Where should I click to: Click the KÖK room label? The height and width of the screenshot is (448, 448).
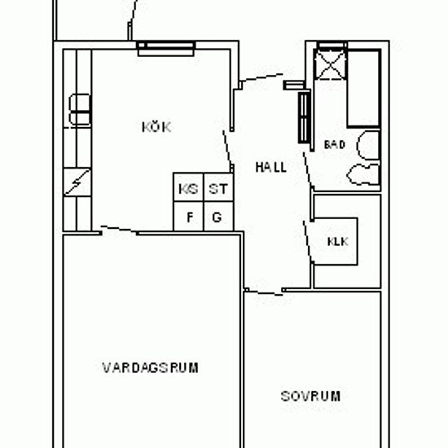pyautogui.click(x=156, y=127)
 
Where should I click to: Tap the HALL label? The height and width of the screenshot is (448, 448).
pyautogui.click(x=270, y=168)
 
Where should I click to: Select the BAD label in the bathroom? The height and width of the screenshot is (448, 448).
pyautogui.click(x=335, y=144)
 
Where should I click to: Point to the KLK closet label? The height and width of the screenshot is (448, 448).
pyautogui.click(x=338, y=242)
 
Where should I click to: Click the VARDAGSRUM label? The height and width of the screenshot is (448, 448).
pyautogui.click(x=151, y=367)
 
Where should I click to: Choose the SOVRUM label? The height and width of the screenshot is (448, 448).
pyautogui.click(x=310, y=397)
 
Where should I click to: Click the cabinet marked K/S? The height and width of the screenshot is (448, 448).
pyautogui.click(x=188, y=187)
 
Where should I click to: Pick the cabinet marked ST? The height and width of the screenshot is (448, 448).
pyautogui.click(x=218, y=187)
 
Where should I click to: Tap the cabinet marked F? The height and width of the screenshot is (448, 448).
pyautogui.click(x=188, y=217)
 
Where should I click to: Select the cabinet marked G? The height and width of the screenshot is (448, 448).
pyautogui.click(x=218, y=217)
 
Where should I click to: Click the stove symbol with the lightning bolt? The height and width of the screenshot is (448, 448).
pyautogui.click(x=77, y=182)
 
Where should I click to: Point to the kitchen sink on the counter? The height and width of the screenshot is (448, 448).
pyautogui.click(x=80, y=109)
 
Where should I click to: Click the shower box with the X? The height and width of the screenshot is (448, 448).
pyautogui.click(x=330, y=64)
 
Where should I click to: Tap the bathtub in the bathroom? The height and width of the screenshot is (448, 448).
pyautogui.click(x=364, y=88)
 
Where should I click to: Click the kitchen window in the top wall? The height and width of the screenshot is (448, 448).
pyautogui.click(x=166, y=48)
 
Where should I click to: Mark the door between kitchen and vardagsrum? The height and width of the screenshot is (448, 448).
pyautogui.click(x=119, y=230)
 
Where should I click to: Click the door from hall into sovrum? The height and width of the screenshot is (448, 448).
pyautogui.click(x=264, y=292)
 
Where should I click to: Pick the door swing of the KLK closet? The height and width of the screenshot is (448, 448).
pyautogui.click(x=308, y=241)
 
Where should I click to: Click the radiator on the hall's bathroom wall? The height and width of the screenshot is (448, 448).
pyautogui.click(x=305, y=118)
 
